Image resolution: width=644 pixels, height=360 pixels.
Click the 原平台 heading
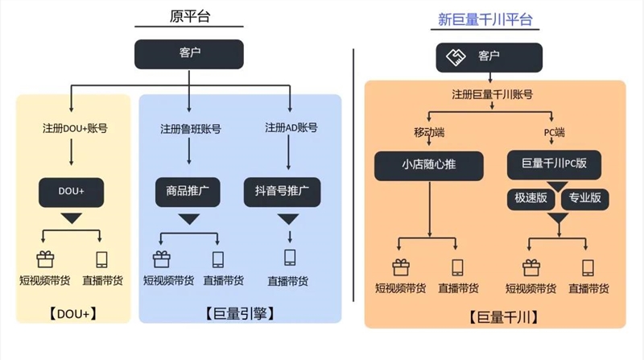pyautogui.click(x=190, y=16)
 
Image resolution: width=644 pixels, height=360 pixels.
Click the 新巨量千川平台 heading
pyautogui.click(x=485, y=19)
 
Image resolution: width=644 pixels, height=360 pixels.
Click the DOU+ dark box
pyautogui.click(x=72, y=192)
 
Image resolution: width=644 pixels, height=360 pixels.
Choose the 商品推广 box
pyautogui.click(x=188, y=192)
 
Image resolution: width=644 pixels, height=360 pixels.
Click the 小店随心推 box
pyautogui.click(x=430, y=166)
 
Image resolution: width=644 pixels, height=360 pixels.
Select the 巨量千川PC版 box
pyautogui.click(x=554, y=164)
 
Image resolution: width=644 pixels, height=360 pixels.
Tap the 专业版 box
pyautogui.click(x=584, y=197)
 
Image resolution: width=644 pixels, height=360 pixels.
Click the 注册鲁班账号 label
pyautogui.click(x=190, y=128)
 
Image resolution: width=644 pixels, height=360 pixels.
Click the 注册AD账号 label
pyautogui.click(x=291, y=127)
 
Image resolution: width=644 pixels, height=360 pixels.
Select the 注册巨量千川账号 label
pyautogui.click(x=491, y=94)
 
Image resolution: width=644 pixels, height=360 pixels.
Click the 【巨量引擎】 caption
pyautogui.click(x=240, y=313)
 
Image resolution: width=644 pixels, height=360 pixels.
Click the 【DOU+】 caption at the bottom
pyautogui.click(x=72, y=313)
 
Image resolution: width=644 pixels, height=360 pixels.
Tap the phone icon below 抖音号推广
pyautogui.click(x=290, y=258)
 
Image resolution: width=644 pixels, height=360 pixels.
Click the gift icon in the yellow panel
pyautogui.click(x=44, y=259)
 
